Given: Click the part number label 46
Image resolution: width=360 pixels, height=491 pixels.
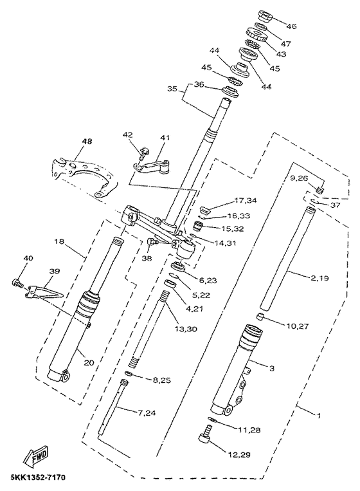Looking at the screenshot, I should coord(291,26).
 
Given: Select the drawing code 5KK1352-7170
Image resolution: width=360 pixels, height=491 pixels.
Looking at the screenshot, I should coord(37,478).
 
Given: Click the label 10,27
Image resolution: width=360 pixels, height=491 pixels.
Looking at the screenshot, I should coord(296,326).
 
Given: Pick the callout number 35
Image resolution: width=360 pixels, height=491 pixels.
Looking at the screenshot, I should coord(171,89).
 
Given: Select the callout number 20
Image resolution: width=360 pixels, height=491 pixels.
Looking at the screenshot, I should coord(88,362).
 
